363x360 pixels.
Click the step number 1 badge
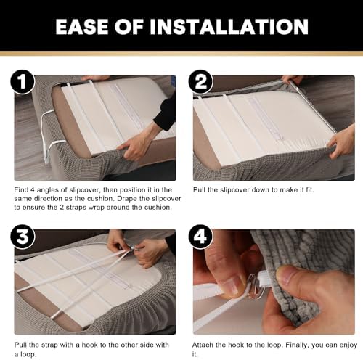tap(23, 82)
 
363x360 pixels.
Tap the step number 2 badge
tap(200, 82)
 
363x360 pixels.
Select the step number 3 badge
tap(23, 237)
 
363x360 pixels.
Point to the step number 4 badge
tap(200, 237)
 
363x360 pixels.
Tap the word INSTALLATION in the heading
tap(229, 27)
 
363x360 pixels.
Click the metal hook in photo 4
tap(255, 285)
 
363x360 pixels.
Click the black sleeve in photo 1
tap(166, 110)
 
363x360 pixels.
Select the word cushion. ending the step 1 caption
tap(158, 208)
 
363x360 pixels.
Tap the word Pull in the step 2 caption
tap(199, 189)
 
